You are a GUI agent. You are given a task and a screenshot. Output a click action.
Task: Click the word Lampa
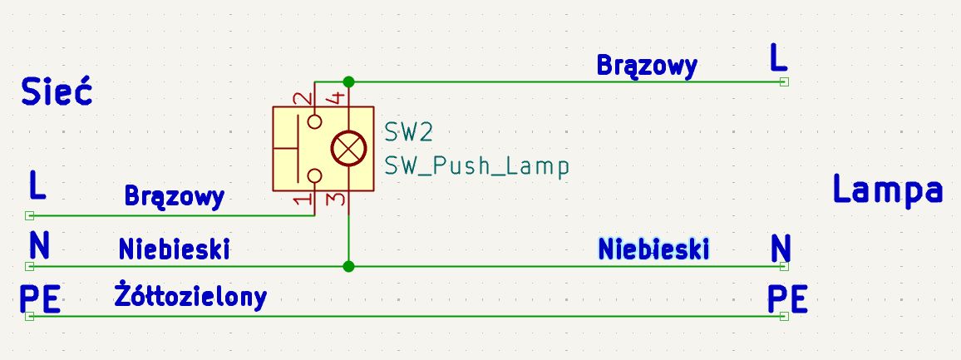point(888,190)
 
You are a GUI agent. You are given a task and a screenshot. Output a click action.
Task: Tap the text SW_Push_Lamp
point(477,165)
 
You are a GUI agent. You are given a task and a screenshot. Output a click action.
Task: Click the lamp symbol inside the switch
point(348,149)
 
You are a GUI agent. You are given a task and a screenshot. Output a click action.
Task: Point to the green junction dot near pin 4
point(348,81)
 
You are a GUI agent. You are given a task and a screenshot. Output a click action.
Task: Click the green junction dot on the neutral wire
point(348,266)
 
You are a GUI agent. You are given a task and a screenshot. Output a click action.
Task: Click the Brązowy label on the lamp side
point(648,66)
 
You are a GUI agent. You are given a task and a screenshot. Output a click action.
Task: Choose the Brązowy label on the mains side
point(174,197)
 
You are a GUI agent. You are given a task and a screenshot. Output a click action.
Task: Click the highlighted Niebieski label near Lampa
point(653,249)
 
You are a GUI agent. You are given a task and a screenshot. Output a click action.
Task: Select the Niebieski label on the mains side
point(174,249)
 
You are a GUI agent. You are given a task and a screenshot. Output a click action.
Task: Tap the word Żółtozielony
point(190,296)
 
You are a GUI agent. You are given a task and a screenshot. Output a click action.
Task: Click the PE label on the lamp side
point(787,300)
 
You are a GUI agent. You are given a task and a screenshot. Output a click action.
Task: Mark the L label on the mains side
point(37,185)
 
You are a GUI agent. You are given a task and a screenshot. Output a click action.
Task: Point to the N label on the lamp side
point(781,249)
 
